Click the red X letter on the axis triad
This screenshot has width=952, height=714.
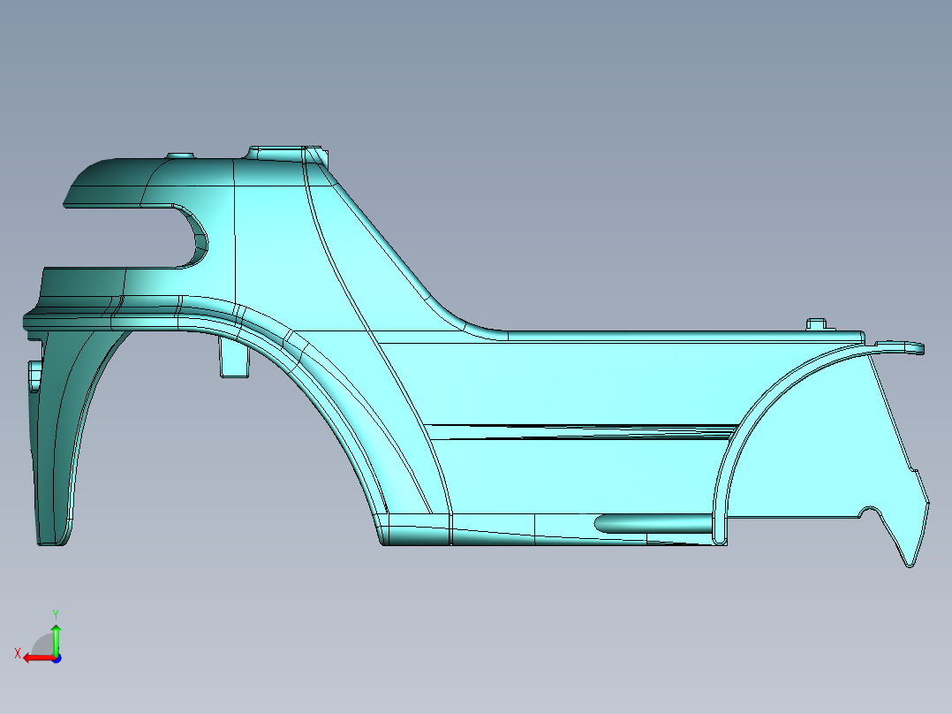click(17, 653)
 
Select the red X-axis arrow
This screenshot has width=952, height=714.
click(35, 657)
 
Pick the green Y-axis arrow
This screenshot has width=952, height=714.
click(56, 636)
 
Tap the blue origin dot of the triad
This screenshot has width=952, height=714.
click(56, 658)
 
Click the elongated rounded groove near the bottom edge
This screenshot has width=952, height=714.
click(654, 523)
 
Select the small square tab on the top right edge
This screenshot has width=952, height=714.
click(817, 324)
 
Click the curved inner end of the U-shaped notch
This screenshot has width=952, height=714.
click(200, 238)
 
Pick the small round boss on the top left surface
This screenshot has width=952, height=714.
click(180, 156)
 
